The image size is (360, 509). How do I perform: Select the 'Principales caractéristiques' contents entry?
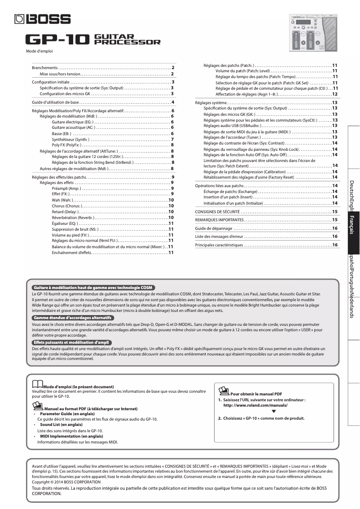point(219,245)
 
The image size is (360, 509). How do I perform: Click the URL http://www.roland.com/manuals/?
point(255,405)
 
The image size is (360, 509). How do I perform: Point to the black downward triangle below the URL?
point(274,412)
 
